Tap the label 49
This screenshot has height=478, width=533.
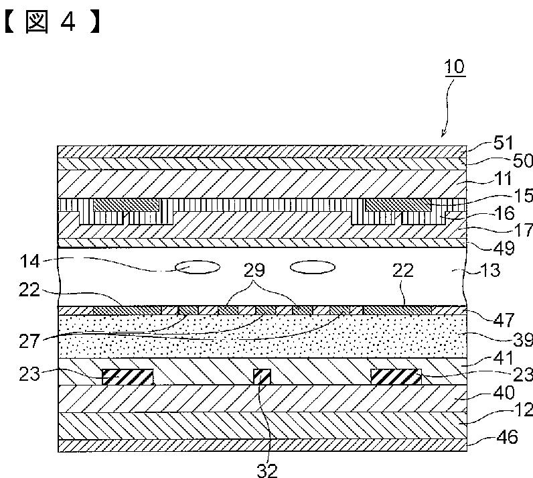pos(503,248)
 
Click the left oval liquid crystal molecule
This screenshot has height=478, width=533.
pos(198,267)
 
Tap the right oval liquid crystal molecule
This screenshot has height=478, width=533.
pos(313,267)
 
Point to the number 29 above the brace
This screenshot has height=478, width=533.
pos(255,271)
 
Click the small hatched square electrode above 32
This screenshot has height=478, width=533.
pos(262,376)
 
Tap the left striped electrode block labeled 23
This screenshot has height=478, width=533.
pos(127,376)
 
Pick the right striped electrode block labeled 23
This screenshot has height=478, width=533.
pos(396,376)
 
